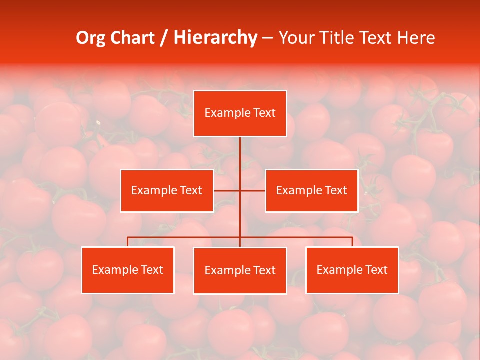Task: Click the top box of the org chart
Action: coord(240,113)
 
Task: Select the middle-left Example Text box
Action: coord(167,190)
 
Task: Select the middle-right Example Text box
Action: coord(311,190)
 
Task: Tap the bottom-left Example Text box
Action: coord(127,270)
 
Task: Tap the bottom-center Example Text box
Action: coord(240,270)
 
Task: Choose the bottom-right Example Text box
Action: coord(352,270)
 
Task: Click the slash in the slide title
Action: coord(164,38)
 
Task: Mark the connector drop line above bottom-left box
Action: coord(128,242)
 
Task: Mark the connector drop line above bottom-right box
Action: coord(352,242)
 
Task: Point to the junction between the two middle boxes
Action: coord(240,190)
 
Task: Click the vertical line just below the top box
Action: coord(240,150)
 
